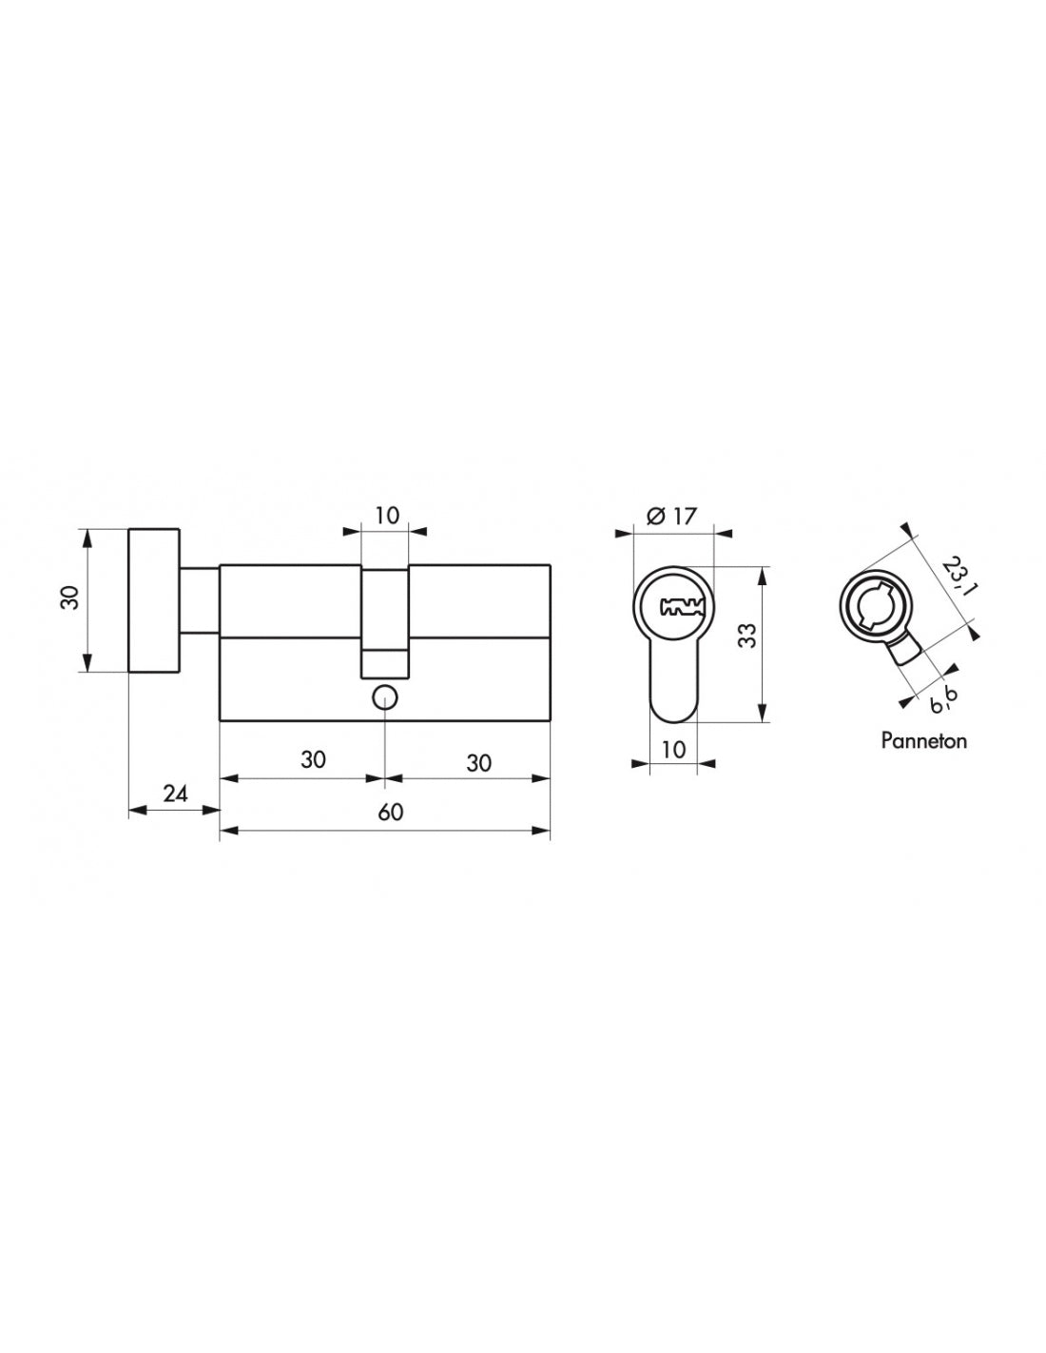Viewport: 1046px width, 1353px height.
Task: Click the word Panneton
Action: point(923,740)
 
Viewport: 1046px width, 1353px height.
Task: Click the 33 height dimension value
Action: point(748,636)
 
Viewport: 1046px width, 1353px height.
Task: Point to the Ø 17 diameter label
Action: point(671,517)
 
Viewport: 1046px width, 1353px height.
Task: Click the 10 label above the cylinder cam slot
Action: point(386,516)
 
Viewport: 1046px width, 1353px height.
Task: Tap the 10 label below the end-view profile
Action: point(673,749)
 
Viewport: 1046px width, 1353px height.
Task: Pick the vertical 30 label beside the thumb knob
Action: point(68,598)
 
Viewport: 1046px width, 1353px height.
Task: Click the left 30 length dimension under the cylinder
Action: point(313,760)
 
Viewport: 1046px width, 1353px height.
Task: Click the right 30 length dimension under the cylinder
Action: point(480,762)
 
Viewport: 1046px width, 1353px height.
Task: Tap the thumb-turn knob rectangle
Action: point(153,599)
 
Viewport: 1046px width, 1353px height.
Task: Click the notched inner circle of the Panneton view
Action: point(873,604)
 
